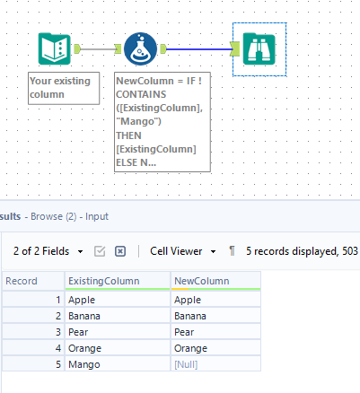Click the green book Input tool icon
point(55,49)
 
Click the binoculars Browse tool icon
point(257,49)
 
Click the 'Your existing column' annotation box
point(63,88)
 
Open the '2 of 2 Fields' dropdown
point(50,251)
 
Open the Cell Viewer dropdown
point(183,251)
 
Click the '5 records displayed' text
point(292,251)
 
